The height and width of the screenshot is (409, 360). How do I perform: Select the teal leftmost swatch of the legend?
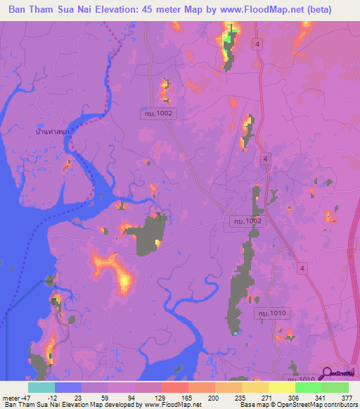(41, 387)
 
